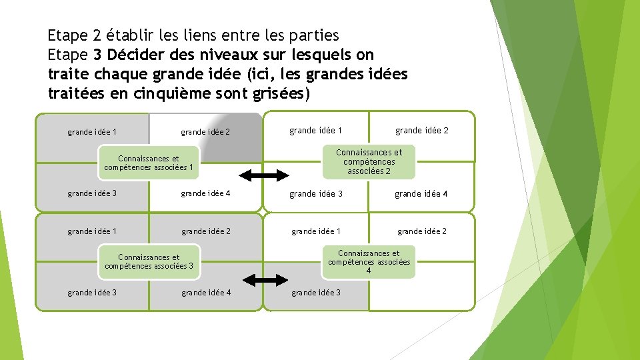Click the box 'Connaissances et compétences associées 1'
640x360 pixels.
coord(149,163)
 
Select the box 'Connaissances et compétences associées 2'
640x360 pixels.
coord(369,162)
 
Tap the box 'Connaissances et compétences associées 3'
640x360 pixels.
coord(149,261)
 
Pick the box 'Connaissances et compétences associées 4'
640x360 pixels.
coord(369,261)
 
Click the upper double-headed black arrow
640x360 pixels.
coord(263,175)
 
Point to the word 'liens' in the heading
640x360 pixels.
coord(204,34)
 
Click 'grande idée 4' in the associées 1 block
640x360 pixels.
coord(205,193)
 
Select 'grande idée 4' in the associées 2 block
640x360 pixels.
coord(421,194)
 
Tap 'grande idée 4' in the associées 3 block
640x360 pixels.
coord(205,292)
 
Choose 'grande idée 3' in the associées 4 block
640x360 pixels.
coord(316,292)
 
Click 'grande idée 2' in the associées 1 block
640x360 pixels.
coord(205,132)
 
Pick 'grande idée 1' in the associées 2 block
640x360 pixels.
coord(315,130)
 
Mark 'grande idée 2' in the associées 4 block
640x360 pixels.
coord(422,231)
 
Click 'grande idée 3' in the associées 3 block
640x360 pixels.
coord(92,292)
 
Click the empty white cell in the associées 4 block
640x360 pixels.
coord(421,293)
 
